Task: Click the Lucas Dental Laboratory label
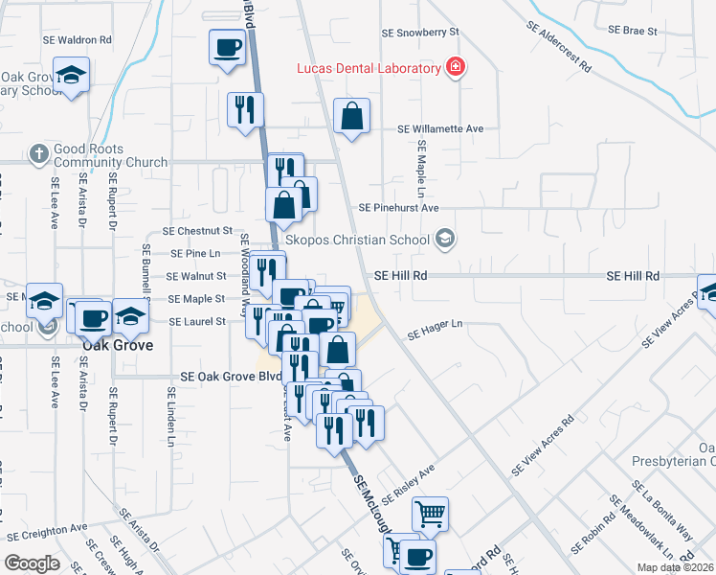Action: [x=369, y=68]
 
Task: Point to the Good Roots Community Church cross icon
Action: [x=38, y=153]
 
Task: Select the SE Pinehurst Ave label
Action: [x=398, y=207]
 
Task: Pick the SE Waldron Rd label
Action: [x=78, y=40]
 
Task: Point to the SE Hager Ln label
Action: [x=435, y=331]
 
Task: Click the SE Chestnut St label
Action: [x=198, y=231]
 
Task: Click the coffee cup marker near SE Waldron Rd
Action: [x=228, y=48]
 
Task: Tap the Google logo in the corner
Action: [x=32, y=563]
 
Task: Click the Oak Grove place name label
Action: [x=117, y=345]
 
